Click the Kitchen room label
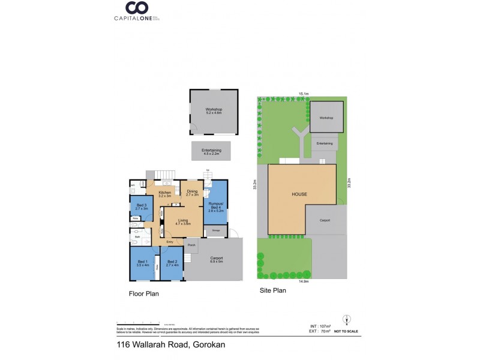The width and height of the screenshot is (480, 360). (165, 193)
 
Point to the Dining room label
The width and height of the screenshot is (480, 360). (192, 193)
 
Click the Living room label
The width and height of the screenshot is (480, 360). (183, 221)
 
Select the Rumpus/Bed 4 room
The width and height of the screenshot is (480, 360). (215, 207)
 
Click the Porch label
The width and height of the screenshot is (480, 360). (191, 245)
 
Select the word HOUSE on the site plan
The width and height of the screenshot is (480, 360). (300, 195)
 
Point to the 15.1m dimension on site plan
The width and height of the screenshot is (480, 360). (304, 94)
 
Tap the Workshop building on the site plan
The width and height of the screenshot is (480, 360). (326, 118)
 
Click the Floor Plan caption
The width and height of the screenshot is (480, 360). (143, 294)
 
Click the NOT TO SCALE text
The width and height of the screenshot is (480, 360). (347, 331)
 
